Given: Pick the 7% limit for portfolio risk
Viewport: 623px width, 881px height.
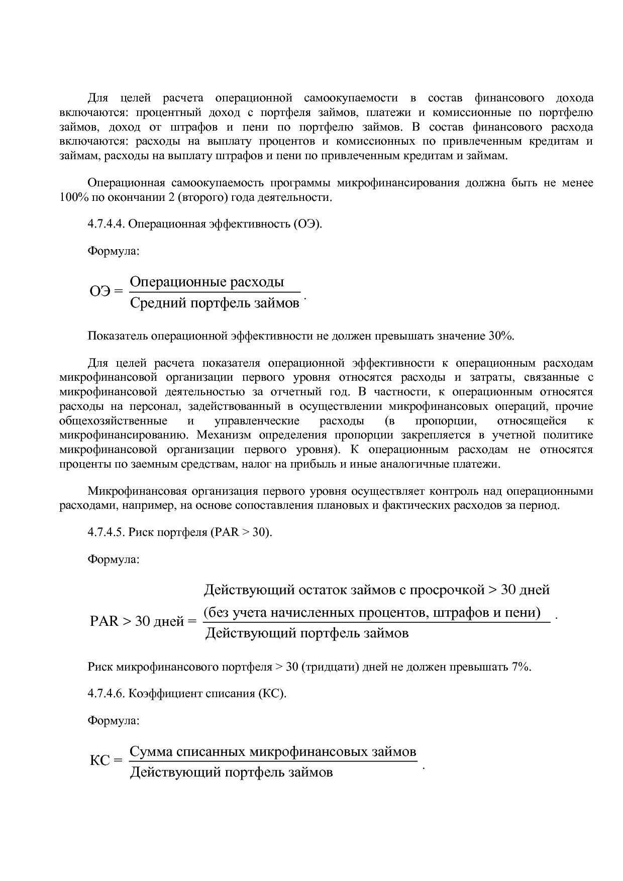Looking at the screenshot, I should click(x=521, y=667).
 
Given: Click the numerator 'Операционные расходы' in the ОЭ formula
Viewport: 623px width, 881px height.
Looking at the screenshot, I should click(x=207, y=282).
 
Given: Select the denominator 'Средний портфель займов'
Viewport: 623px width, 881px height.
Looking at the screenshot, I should click(x=215, y=303).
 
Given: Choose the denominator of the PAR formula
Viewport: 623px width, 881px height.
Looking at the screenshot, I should click(x=307, y=633).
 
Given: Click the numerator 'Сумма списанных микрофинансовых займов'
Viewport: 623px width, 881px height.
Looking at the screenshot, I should click(x=273, y=751).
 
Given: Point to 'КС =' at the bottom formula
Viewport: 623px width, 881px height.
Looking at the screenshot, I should click(x=106, y=760).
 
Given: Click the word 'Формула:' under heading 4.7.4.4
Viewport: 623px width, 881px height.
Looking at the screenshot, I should click(x=114, y=251).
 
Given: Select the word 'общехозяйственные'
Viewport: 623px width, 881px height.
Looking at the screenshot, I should click(x=113, y=420).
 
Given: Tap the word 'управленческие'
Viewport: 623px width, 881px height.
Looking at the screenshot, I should click(x=257, y=420).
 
